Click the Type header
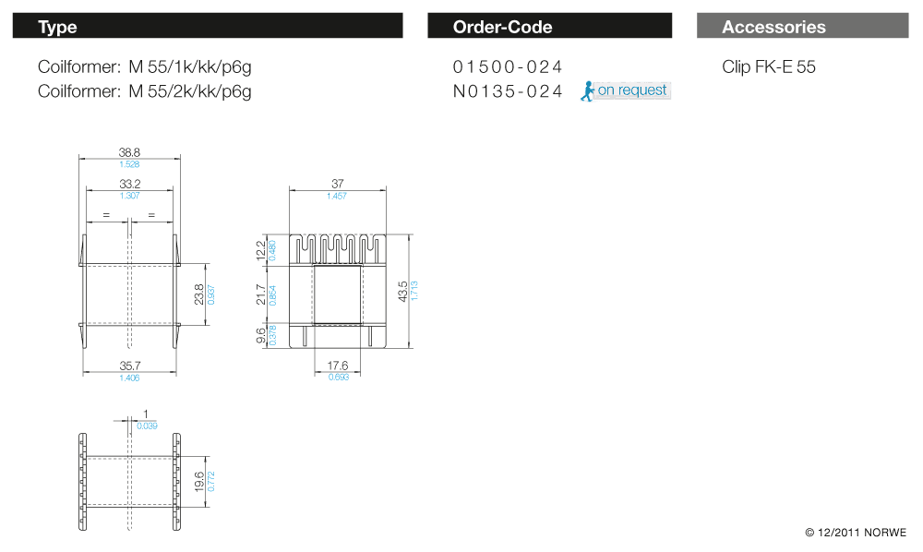click(x=57, y=27)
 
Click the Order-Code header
click(x=502, y=27)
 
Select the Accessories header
click(x=773, y=27)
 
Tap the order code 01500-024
click(x=508, y=66)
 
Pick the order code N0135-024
click(x=508, y=91)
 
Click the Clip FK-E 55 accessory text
click(x=769, y=66)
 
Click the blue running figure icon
click(x=586, y=90)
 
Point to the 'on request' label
click(x=632, y=90)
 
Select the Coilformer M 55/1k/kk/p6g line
click(x=145, y=66)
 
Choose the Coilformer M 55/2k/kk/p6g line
click(x=145, y=91)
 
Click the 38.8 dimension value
click(x=129, y=152)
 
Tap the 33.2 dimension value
click(x=129, y=184)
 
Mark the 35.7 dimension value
click(x=129, y=366)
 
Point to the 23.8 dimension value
click(x=199, y=294)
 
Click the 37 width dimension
click(x=337, y=185)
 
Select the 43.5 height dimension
click(x=403, y=291)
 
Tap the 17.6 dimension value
click(x=338, y=366)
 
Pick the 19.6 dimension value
click(x=199, y=481)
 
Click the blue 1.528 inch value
click(x=129, y=164)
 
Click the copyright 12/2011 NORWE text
click(x=856, y=533)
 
